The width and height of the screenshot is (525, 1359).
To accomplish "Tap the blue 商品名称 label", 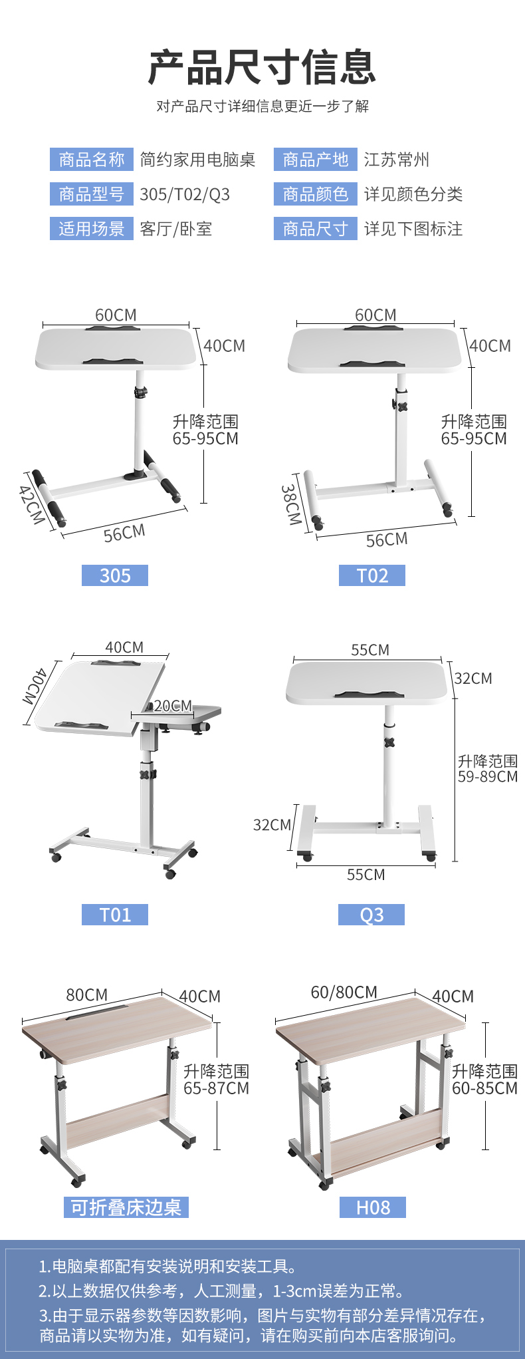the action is click(92, 160).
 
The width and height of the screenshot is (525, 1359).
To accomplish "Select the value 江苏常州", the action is click(397, 160).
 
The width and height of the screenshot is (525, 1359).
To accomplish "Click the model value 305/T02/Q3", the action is click(185, 194).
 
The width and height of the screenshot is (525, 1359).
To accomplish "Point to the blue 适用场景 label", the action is click(92, 229).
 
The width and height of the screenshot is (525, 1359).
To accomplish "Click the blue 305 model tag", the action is click(115, 575).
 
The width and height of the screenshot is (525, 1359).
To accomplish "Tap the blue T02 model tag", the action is click(372, 575).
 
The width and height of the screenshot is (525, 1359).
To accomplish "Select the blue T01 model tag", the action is click(115, 915).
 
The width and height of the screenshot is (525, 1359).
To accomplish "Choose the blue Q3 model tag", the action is click(371, 915).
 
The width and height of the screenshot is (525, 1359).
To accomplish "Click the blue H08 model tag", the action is click(373, 1207).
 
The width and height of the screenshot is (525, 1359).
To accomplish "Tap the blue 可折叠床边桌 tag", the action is click(126, 1207).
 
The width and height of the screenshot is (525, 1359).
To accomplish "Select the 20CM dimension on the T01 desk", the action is click(173, 706).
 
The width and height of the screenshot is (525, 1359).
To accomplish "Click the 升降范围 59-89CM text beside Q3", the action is click(488, 768).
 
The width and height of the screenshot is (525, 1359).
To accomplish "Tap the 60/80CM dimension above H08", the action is click(344, 992).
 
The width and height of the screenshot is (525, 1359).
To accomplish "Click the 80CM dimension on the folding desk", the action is click(86, 994).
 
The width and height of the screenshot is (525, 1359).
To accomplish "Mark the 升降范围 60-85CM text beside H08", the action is click(485, 1080).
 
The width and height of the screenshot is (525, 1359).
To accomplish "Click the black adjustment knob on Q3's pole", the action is click(389, 742).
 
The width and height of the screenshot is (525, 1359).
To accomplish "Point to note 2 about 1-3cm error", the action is click(221, 1291).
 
